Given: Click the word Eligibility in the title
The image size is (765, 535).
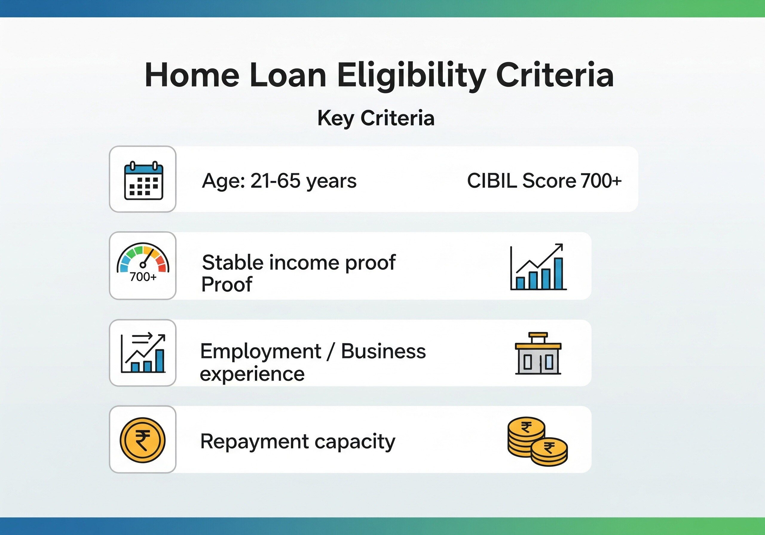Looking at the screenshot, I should tap(411, 75).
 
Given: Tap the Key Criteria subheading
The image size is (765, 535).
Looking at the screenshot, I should tap(376, 118).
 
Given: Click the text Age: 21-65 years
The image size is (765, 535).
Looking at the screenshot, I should tap(279, 181).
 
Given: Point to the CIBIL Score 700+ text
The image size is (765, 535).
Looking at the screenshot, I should tap(544, 181).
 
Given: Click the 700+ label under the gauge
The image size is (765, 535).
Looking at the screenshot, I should tap(143, 277).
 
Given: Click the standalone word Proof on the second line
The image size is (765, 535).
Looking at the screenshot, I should tap(227, 284).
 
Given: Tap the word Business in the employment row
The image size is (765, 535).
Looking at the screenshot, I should tap(383, 351).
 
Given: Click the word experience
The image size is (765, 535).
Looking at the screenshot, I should tap(252, 373).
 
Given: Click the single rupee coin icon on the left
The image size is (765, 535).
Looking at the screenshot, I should tap(143, 440).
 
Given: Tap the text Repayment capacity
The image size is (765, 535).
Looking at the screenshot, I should tap(298, 442).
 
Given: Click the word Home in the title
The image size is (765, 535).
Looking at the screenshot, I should tap(192, 75).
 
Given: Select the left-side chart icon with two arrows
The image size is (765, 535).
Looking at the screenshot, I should tap(143, 353).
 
